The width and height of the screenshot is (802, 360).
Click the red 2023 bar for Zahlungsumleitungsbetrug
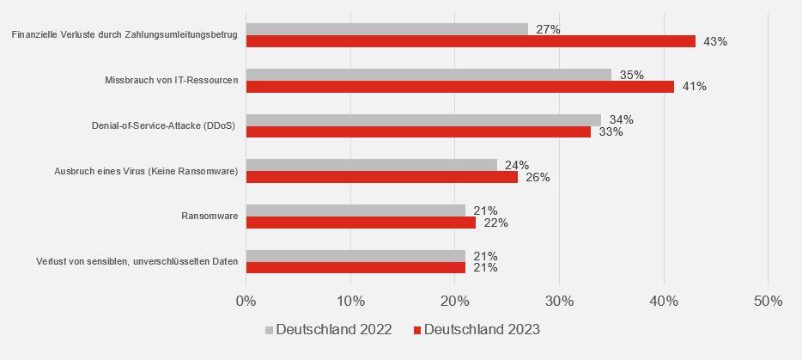tap(471, 41)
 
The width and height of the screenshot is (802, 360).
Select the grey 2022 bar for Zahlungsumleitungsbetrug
tap(386, 29)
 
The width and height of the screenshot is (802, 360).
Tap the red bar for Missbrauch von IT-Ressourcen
tap(459, 87)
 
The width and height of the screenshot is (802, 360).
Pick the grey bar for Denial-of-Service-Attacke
tap(423, 119)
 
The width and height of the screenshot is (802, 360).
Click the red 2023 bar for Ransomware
tap(361, 223)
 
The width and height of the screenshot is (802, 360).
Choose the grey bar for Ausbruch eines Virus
tap(371, 165)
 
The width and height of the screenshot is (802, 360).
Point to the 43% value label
tap(714, 41)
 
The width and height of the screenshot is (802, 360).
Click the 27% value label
tap(547, 29)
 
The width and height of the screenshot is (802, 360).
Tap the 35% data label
tap(631, 75)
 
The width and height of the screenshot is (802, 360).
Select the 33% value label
tap(611, 132)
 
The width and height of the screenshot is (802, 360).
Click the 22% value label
tap(495, 223)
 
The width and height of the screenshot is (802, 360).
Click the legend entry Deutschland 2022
tap(328, 330)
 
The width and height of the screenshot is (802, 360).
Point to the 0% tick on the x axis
tap(246, 301)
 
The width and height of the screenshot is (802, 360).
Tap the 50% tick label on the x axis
tap(768, 301)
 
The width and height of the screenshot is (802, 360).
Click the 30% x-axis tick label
tap(559, 301)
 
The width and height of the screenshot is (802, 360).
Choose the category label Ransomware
tap(210, 216)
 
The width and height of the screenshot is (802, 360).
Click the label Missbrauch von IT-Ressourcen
tap(171, 80)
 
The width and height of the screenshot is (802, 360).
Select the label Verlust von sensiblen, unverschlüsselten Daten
tap(125, 261)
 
